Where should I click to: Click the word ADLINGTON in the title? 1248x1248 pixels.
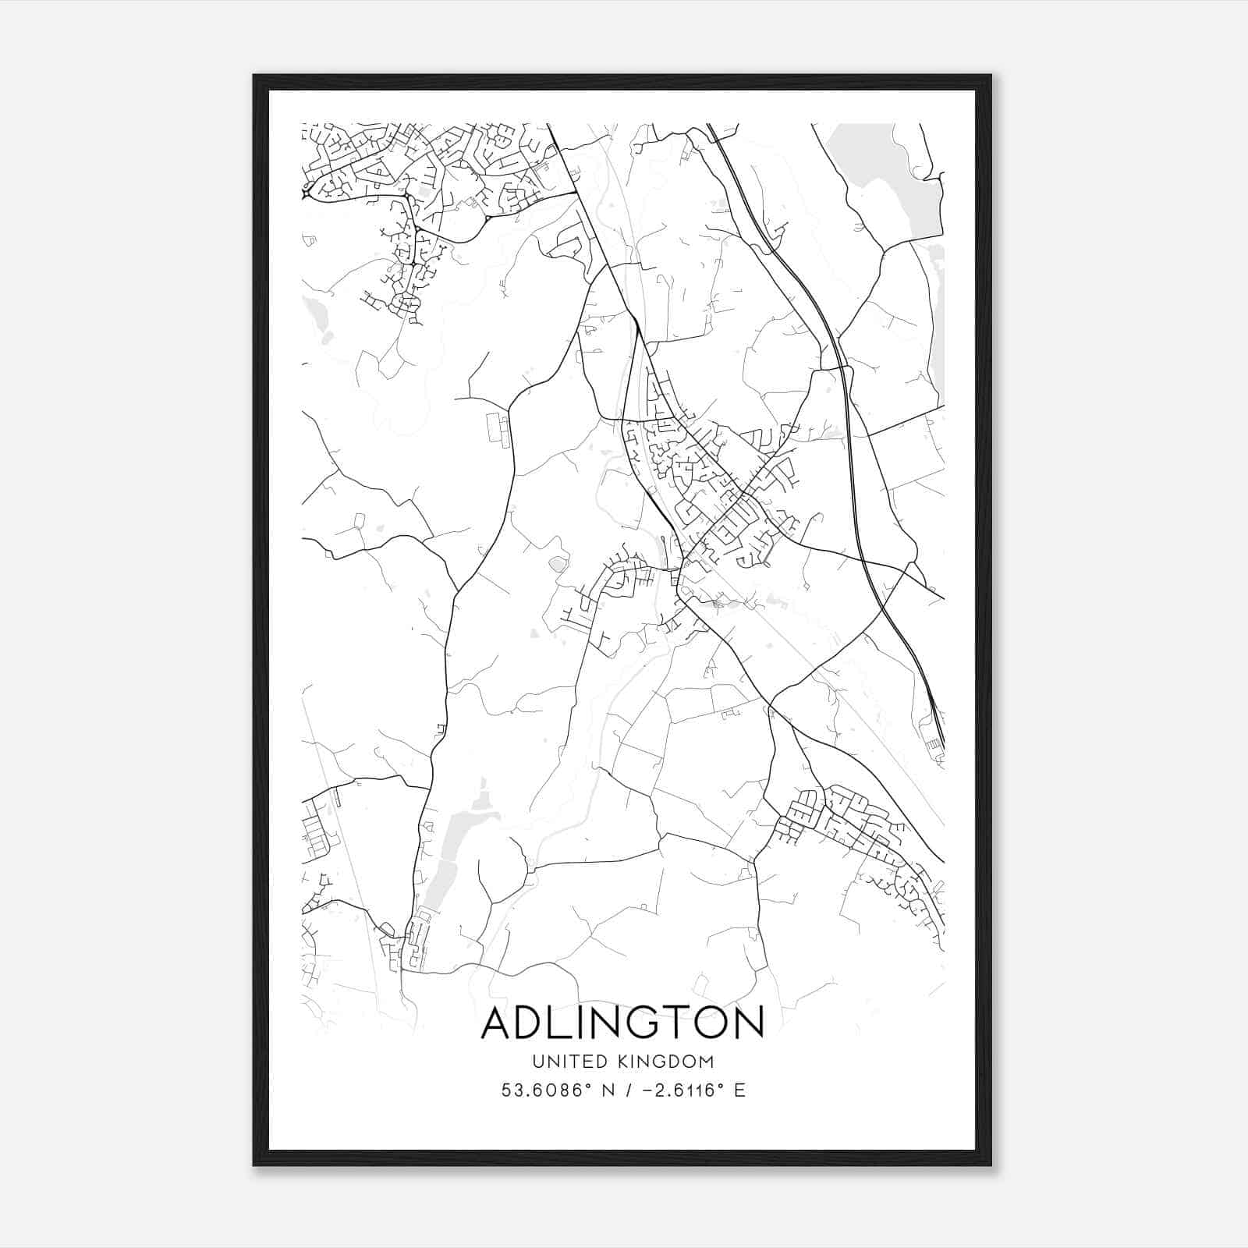tap(622, 1024)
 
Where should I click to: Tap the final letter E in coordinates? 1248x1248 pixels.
tap(739, 1090)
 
